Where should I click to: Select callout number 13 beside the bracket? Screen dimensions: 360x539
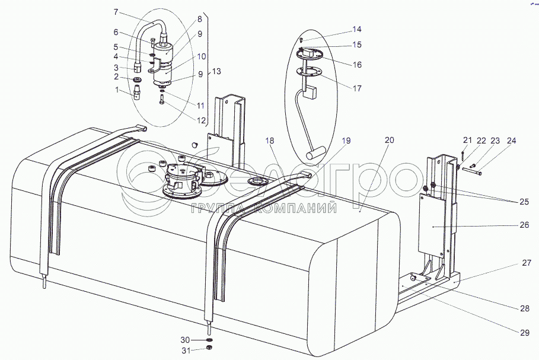[216, 71]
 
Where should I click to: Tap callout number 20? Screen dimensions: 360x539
[389, 140]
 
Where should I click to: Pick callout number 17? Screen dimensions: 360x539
[358, 89]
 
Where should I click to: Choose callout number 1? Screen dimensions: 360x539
[117, 90]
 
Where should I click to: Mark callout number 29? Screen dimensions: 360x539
[524, 333]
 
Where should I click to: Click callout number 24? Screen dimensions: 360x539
[511, 141]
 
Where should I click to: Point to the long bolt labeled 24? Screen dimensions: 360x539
[473, 172]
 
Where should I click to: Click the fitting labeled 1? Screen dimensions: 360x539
[139, 94]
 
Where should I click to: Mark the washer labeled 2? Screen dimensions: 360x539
[138, 79]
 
